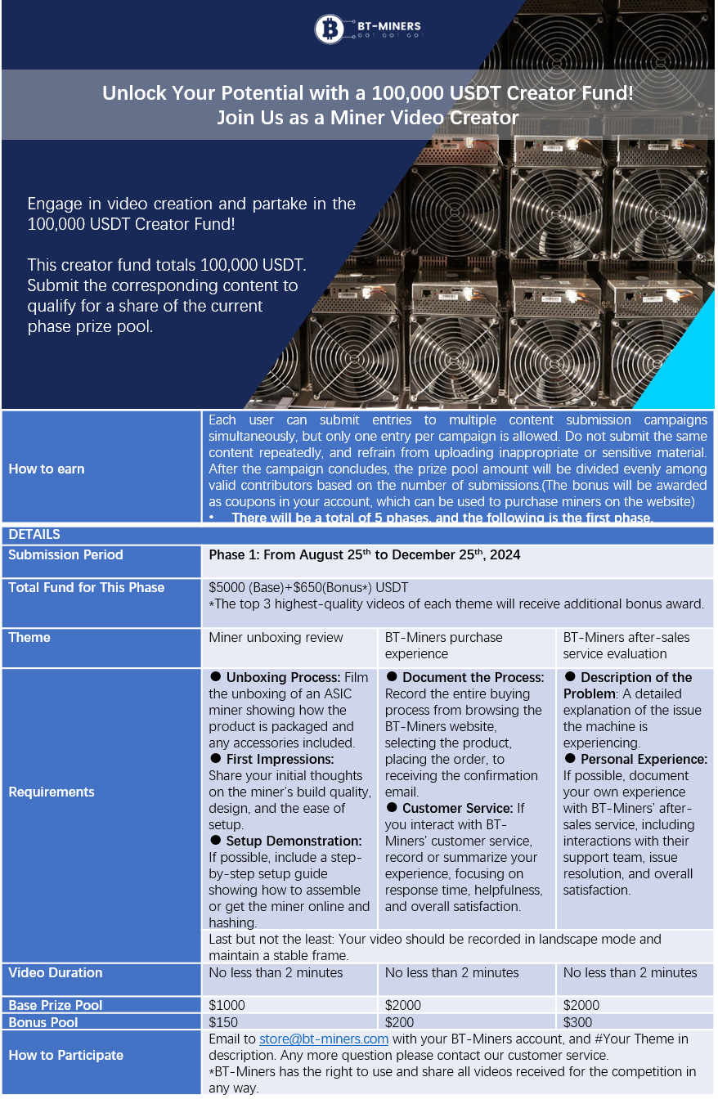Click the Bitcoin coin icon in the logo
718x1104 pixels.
[x=330, y=29]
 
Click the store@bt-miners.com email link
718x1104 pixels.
[x=323, y=1039]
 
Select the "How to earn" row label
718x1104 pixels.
[x=47, y=469]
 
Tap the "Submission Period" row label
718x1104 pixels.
[x=65, y=555]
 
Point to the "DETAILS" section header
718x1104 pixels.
[x=34, y=535]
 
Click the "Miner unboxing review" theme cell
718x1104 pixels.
[x=276, y=638]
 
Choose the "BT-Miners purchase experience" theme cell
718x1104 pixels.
[x=443, y=645]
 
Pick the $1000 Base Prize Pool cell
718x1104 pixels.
[x=227, y=1006]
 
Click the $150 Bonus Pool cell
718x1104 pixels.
[x=223, y=1023]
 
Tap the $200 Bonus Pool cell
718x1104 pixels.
[x=400, y=1023]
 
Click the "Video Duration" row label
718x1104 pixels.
[x=56, y=973]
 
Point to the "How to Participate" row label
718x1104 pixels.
[x=65, y=1056]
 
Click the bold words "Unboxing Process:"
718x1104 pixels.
[x=283, y=678]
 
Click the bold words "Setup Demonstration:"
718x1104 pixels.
[x=294, y=841]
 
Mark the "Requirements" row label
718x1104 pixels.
[x=52, y=792]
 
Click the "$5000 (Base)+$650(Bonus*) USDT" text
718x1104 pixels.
[x=308, y=588]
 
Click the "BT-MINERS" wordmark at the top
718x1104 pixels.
[x=388, y=26]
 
